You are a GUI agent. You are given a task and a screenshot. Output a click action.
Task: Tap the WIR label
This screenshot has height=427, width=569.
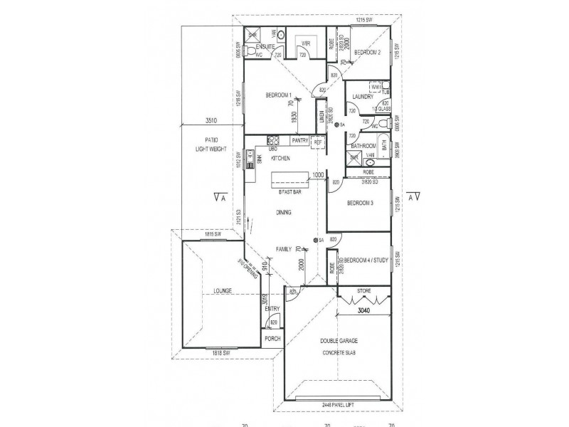[307, 43]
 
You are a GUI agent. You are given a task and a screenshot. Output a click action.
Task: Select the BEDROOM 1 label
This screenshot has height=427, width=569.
[280, 95]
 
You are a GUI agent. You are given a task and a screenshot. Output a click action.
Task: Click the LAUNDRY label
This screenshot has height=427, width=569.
[362, 96]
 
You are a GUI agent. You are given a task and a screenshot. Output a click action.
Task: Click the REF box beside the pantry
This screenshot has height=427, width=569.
[318, 142]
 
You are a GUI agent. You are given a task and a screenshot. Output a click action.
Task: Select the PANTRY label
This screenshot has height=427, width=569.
[299, 141]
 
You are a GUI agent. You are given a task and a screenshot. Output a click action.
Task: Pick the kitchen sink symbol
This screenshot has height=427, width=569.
[250, 159]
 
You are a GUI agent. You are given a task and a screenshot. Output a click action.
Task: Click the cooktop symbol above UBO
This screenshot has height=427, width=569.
[270, 139]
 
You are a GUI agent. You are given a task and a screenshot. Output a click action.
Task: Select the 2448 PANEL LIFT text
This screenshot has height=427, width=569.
[338, 406]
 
